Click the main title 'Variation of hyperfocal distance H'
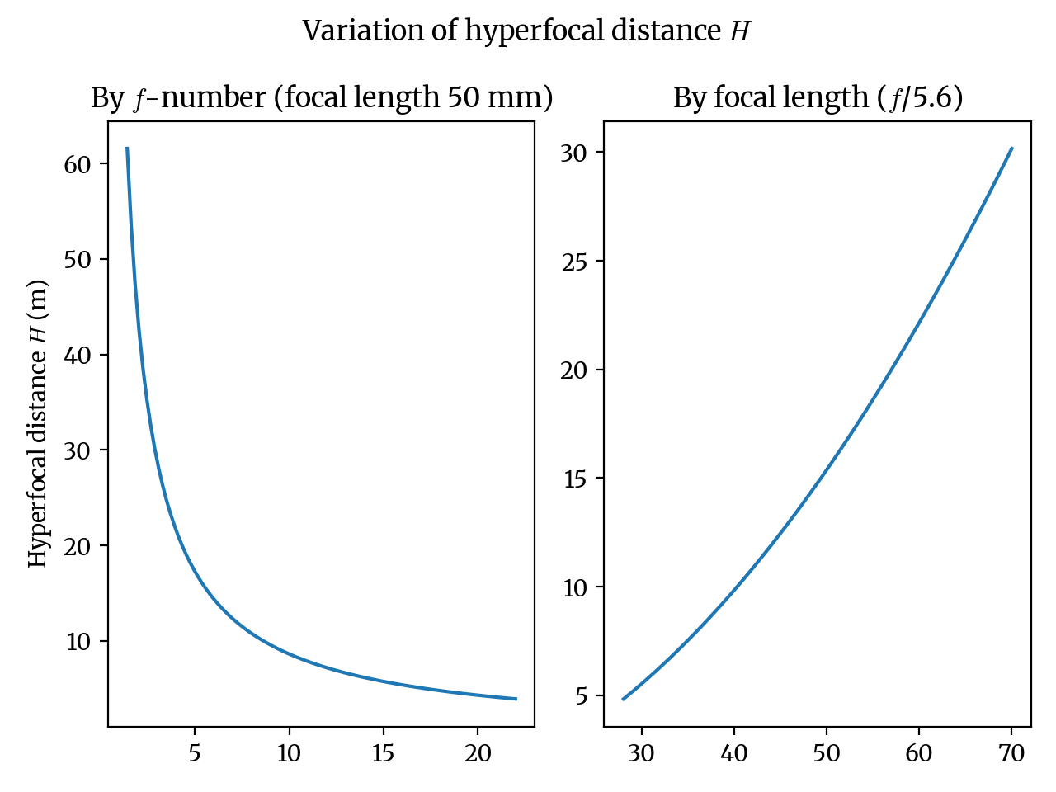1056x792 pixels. [x=526, y=31]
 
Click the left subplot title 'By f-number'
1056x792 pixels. [x=321, y=98]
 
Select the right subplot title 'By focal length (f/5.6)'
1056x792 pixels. [x=818, y=98]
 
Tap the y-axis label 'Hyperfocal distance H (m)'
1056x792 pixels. [x=38, y=423]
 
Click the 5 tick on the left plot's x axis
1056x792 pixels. [x=195, y=753]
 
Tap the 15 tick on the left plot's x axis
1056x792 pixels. [x=383, y=753]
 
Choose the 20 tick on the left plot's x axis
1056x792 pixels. [x=478, y=753]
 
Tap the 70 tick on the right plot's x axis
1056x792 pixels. [x=1011, y=753]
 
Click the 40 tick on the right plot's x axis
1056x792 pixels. [x=734, y=753]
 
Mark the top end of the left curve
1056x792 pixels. [x=127, y=148]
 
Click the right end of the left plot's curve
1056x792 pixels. [x=516, y=699]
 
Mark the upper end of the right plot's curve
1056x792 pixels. [x=1011, y=148]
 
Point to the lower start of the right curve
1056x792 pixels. [x=623, y=699]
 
